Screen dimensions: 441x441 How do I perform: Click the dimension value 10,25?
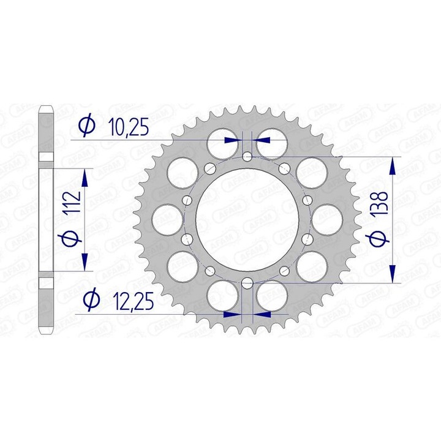tap(128, 127)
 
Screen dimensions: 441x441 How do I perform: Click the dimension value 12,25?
tap(133, 301)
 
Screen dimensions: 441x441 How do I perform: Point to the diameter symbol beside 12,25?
tap(91, 300)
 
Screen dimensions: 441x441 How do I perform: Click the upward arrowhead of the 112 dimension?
tap(85, 178)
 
